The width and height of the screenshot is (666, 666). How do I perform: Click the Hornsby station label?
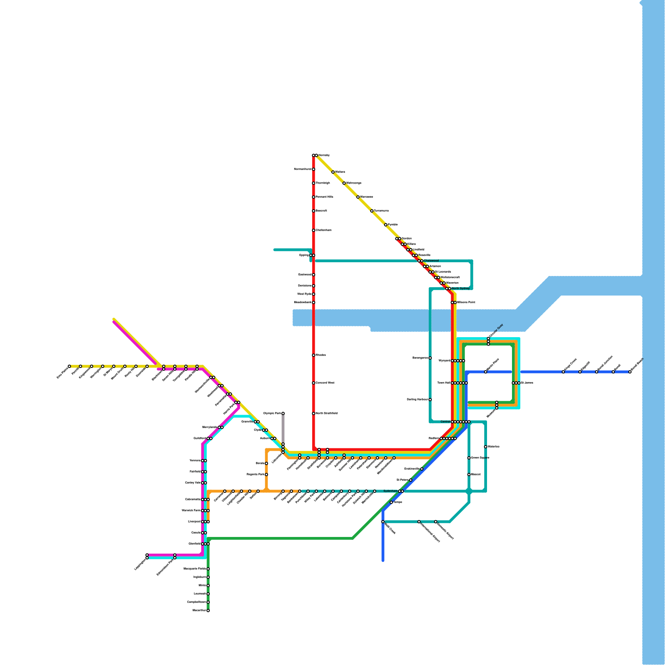pos(324,155)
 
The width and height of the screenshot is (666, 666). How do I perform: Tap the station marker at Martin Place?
pos(486,372)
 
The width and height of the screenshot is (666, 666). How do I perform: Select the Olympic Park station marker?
pos(283,413)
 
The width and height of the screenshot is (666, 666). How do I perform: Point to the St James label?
pos(527,383)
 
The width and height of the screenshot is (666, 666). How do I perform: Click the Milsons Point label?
pos(466,303)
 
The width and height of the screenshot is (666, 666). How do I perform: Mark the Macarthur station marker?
pos(208,611)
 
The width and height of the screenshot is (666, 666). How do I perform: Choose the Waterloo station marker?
pos(486,447)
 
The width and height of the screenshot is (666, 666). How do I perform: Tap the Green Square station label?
pos(480,458)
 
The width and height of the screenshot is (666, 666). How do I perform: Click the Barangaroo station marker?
pos(430,358)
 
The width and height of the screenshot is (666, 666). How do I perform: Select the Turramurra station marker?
pos(372,211)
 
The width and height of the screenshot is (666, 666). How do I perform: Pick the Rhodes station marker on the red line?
pos(313,355)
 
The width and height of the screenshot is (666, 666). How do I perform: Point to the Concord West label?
pos(325,383)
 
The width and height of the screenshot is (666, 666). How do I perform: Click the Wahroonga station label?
pos(354,183)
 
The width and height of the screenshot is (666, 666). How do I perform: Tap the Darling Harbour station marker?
pos(430,400)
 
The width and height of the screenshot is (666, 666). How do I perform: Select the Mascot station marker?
pos(469,475)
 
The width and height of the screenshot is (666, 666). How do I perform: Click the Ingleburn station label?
pos(199,577)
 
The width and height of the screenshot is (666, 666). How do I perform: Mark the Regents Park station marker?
pos(266,475)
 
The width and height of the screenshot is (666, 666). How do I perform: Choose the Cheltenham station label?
pos(324,230)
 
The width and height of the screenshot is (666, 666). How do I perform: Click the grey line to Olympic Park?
pos(283,429)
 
